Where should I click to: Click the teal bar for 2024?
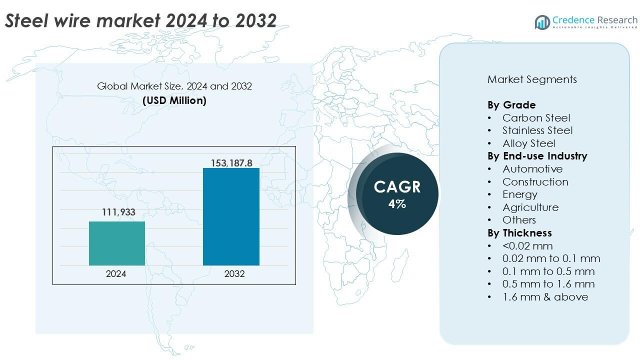point(116,243)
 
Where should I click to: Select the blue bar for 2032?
point(231,216)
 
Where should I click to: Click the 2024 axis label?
point(116,274)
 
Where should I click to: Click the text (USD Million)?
point(174,100)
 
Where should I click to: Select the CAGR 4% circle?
point(397,194)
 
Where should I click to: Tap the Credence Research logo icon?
point(542,22)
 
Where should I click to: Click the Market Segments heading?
point(532,79)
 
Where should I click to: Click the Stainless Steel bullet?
point(537,130)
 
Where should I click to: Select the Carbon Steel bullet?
point(536,118)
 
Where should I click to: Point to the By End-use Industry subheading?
point(537,156)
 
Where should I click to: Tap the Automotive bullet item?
point(532,169)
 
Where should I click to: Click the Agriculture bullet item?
point(530,207)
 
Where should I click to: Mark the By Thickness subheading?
point(519,233)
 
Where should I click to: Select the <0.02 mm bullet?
point(527,246)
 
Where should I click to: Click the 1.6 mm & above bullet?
point(545,297)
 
